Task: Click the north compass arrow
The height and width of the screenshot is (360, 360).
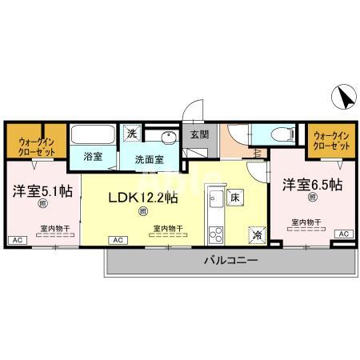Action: [x=344, y=98]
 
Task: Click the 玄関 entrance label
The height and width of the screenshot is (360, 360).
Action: [x=198, y=135]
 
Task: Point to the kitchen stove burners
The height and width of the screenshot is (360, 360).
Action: [x=214, y=235]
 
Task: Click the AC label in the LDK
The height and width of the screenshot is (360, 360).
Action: [x=117, y=240]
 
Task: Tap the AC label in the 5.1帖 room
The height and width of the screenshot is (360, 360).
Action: [x=16, y=240]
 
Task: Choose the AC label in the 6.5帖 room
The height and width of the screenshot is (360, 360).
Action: [x=342, y=234]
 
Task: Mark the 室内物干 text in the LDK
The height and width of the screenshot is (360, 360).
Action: [x=166, y=228]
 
